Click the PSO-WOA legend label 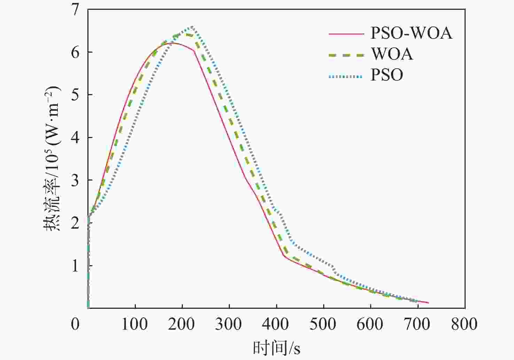point(411,33)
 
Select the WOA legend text point(392,54)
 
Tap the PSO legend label point(387,75)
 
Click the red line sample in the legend point(346,34)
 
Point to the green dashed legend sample point(346,55)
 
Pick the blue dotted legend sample point(346,76)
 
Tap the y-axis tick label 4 point(76,138)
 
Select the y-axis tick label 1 point(76,266)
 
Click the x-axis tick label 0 point(76,324)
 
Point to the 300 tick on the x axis point(229,324)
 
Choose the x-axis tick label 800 point(464,324)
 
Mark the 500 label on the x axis point(323,324)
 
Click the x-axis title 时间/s point(277,348)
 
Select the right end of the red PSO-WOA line point(428,303)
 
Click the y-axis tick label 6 point(76,52)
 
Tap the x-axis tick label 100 point(134,324)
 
